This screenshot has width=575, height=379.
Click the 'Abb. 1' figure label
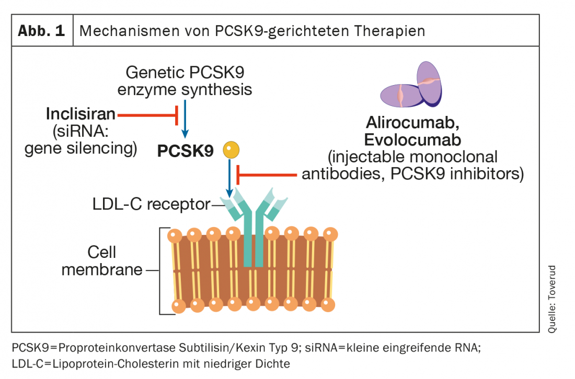[x=42, y=31]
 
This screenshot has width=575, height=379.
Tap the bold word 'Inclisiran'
[x=82, y=113]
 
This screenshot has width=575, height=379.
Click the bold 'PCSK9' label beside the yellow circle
[x=186, y=151]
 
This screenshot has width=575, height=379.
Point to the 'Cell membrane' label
[x=102, y=261]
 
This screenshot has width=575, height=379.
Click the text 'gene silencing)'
[x=81, y=148]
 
